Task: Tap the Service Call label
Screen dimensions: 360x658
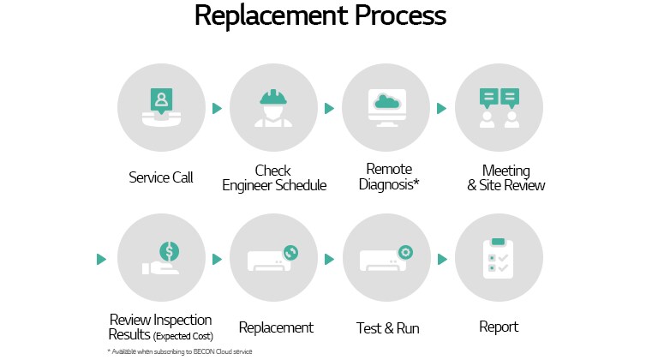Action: [161, 177]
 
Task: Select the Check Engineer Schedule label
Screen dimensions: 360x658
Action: [274, 177]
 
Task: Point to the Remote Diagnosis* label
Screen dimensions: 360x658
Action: [388, 177]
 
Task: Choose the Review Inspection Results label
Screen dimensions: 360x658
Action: [161, 327]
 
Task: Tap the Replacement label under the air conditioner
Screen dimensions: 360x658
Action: [276, 327]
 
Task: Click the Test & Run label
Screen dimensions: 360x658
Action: [387, 327]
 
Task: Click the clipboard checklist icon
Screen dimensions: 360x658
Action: [499, 258]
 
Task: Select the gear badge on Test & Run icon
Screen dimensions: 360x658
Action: [405, 252]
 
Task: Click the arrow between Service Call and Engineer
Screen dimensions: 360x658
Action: [218, 109]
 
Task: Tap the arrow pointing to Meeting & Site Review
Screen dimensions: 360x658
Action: [442, 109]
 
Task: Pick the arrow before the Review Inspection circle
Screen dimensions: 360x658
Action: [101, 258]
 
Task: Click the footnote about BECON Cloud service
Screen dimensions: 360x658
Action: [180, 351]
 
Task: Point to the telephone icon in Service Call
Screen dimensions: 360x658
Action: [161, 117]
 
